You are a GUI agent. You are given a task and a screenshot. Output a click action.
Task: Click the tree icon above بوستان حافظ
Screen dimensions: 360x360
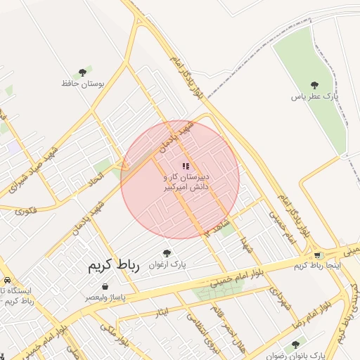83,72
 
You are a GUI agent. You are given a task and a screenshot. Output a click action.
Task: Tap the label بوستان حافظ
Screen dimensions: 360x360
82,83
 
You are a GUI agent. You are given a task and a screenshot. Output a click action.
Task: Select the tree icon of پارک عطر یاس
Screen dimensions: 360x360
314,85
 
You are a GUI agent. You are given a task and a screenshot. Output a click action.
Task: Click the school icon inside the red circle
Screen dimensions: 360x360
186,166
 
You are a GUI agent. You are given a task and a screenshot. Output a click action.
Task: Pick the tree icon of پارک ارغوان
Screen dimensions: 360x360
167,253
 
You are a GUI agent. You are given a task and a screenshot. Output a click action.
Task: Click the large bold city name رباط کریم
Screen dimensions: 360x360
114,266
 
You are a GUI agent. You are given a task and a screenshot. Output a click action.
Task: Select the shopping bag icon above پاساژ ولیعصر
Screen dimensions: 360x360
105,287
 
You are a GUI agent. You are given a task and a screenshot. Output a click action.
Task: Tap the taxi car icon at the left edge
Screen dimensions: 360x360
6,280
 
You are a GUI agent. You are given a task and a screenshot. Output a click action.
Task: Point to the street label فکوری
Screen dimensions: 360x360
25,209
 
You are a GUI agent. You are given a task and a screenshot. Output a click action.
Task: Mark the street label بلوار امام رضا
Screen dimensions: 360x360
327,304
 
